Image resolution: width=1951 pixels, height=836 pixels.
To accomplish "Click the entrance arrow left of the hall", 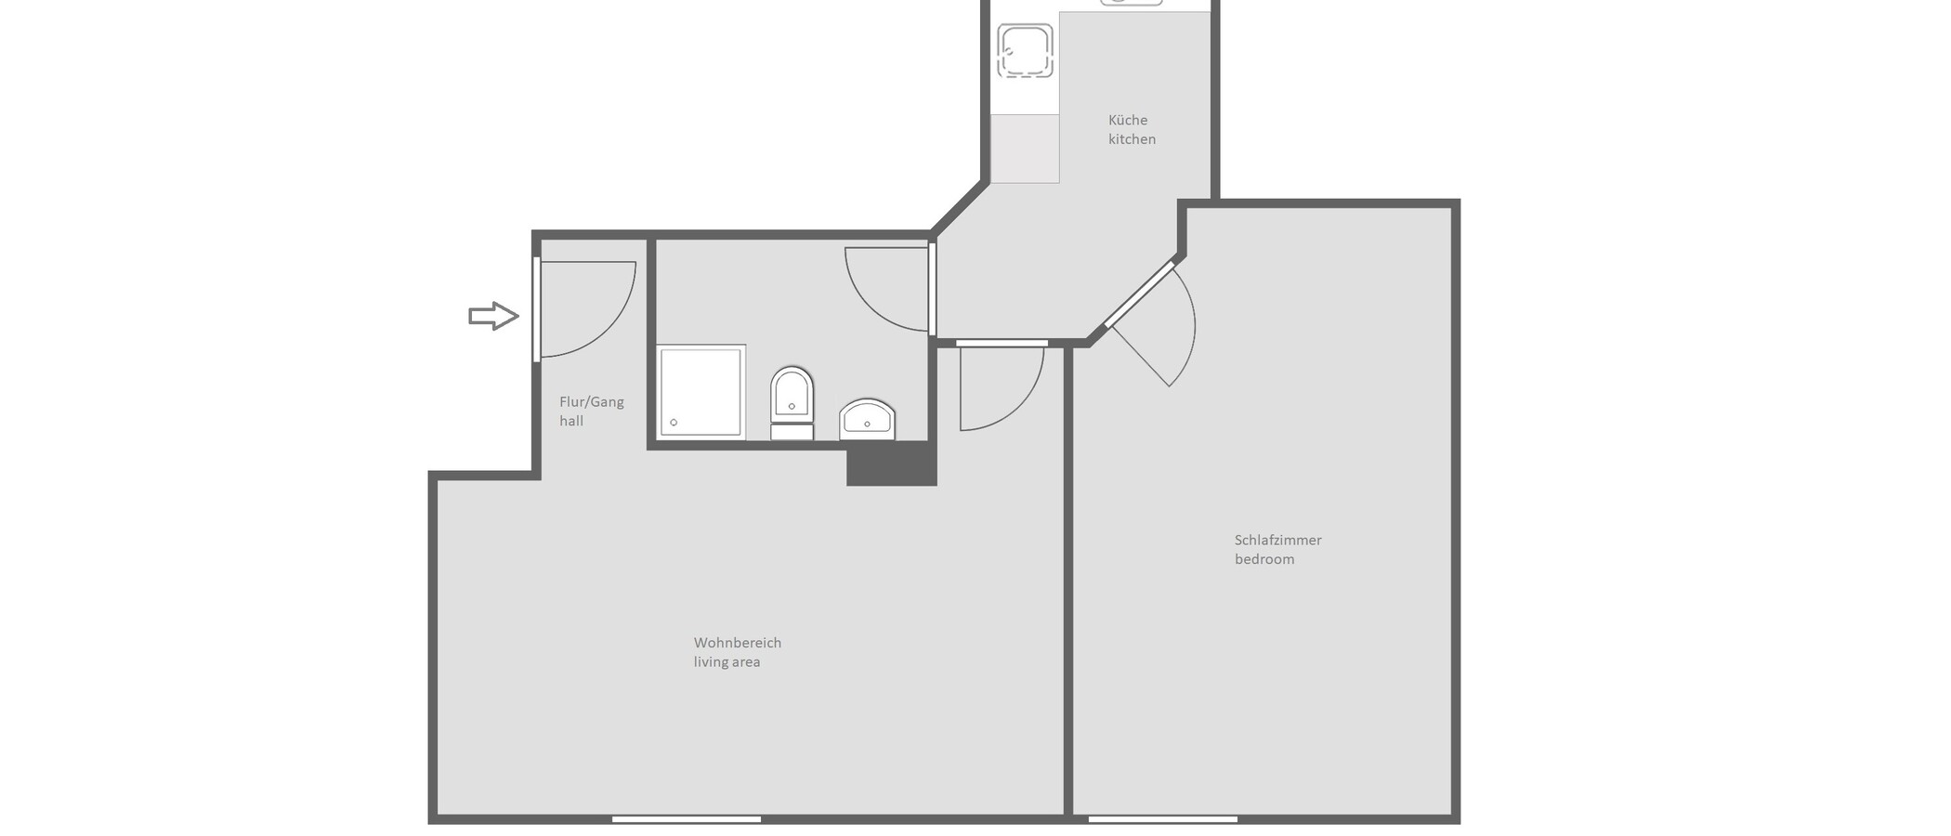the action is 493,316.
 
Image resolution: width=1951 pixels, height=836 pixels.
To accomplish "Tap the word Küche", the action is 1128,120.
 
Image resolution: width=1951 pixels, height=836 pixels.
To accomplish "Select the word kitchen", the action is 1132,139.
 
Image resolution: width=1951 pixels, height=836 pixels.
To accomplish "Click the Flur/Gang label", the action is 592,402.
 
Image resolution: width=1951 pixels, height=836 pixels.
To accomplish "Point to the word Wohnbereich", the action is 738,643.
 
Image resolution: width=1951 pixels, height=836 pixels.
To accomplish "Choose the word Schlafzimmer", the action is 1277,540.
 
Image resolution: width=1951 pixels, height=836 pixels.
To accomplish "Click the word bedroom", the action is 1264,559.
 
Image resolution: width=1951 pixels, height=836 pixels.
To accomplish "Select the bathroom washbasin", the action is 867,420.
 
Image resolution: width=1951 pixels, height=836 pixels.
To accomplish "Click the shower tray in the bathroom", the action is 701,391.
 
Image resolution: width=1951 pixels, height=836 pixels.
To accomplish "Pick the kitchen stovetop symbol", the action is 1025,50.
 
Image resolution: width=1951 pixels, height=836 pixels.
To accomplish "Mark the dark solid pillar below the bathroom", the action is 891,463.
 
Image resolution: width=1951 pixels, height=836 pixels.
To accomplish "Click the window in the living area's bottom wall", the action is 687,819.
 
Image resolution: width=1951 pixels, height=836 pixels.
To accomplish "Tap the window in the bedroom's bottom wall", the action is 1162,819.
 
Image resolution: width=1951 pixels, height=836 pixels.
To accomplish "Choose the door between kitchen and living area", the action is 1002,385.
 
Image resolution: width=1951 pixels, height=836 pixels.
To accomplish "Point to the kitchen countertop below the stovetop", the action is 1025,149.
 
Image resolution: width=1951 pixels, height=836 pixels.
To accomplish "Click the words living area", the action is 727,662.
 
